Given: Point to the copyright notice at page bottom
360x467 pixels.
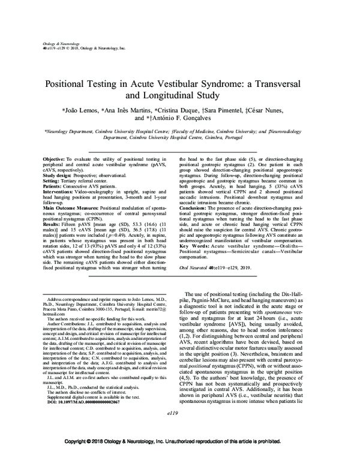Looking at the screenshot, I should [180, 457].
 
